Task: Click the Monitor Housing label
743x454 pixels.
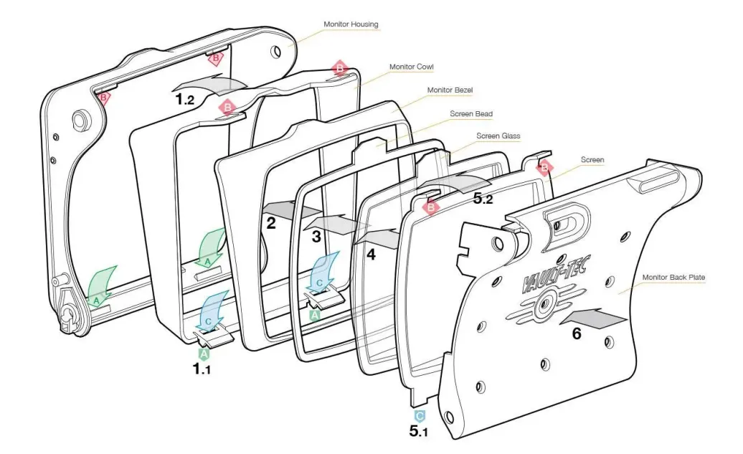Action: click(351, 24)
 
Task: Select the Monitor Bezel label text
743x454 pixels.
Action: click(450, 90)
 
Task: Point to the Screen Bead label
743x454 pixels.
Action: click(471, 113)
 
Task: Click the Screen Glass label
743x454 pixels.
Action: click(498, 136)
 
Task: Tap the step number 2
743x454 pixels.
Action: click(271, 222)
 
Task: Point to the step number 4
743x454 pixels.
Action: click(371, 253)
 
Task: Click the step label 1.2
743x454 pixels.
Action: click(184, 100)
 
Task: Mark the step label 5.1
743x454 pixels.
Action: click(419, 432)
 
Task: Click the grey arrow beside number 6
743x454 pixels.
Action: click(597, 316)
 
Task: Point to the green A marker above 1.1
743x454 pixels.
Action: click(204, 353)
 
